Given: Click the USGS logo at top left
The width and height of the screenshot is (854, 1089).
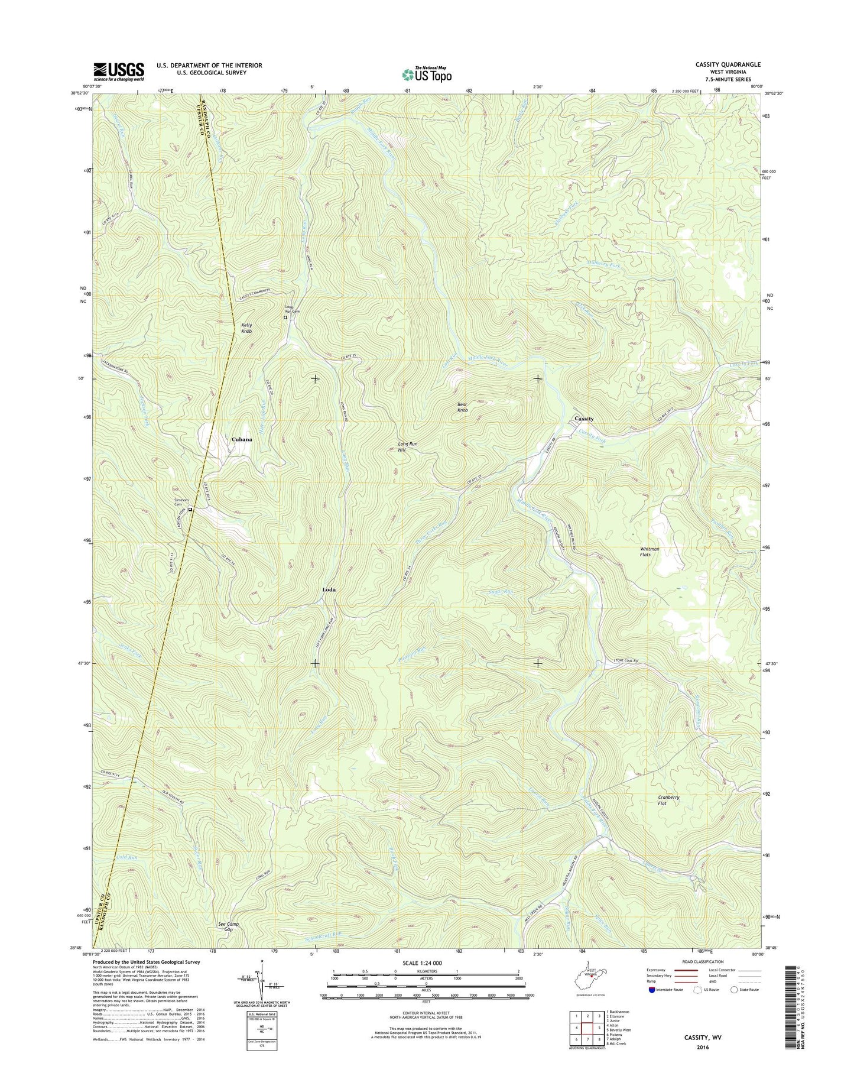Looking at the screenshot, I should click(119, 72).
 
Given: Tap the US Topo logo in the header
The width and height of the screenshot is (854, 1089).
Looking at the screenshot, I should click(427, 74).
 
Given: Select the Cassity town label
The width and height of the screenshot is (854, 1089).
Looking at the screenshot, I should click(584, 419).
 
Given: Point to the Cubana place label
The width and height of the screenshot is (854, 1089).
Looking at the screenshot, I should click(242, 439).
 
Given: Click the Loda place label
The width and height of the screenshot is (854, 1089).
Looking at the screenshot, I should click(329, 590).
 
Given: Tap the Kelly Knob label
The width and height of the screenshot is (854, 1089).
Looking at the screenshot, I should click(246, 328).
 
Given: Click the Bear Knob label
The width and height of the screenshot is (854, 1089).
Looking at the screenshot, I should click(463, 407).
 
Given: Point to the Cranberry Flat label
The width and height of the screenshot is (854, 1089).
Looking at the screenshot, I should click(668, 800).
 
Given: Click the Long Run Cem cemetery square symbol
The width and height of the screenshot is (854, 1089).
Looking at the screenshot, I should click(285, 317).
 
